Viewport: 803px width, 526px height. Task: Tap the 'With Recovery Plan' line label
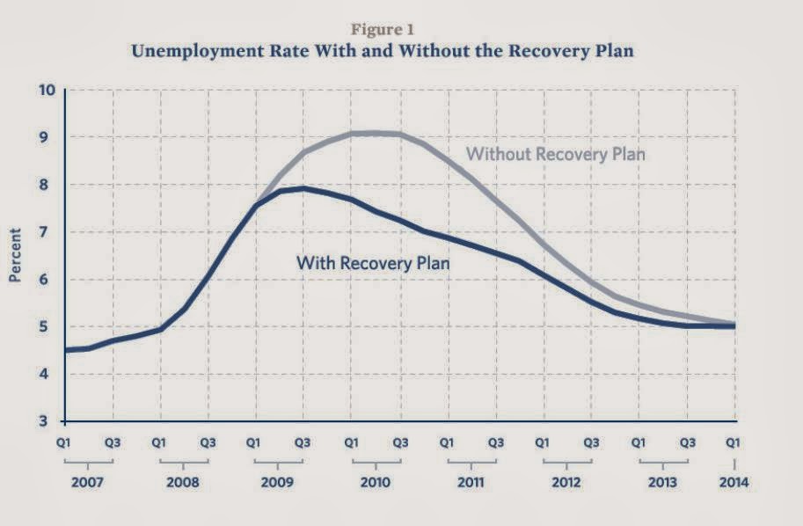click(x=373, y=261)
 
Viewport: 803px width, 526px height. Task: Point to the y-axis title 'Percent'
click(x=15, y=256)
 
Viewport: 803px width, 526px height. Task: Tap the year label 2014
click(x=734, y=483)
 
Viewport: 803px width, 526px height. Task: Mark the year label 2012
click(x=568, y=483)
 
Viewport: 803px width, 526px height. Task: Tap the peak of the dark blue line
click(x=303, y=188)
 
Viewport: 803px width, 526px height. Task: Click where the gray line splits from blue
click(x=258, y=205)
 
